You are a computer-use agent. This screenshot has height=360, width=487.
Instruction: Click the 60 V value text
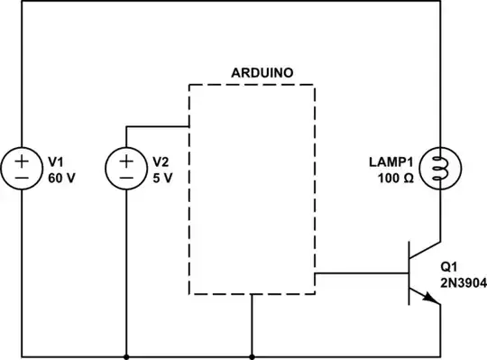coord(61,178)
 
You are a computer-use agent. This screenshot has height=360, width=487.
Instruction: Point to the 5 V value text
coord(162,178)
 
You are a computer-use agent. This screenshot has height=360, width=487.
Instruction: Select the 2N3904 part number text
coord(463,282)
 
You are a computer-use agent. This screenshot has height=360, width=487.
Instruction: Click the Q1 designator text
coord(449,268)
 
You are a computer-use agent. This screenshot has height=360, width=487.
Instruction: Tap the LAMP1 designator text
coord(389,162)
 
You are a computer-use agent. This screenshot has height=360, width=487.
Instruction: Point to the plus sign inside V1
coord(22,162)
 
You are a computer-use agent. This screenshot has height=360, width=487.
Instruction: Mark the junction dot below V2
coord(126,355)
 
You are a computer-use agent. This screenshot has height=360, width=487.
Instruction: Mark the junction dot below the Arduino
coord(252,355)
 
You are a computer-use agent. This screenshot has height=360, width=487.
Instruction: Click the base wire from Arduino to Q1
coord(361,272)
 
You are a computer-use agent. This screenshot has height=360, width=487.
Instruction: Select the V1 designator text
coord(56,162)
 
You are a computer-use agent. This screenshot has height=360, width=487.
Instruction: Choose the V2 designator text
coord(161,162)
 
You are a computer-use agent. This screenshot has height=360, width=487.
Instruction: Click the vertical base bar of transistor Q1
coord(409,272)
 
